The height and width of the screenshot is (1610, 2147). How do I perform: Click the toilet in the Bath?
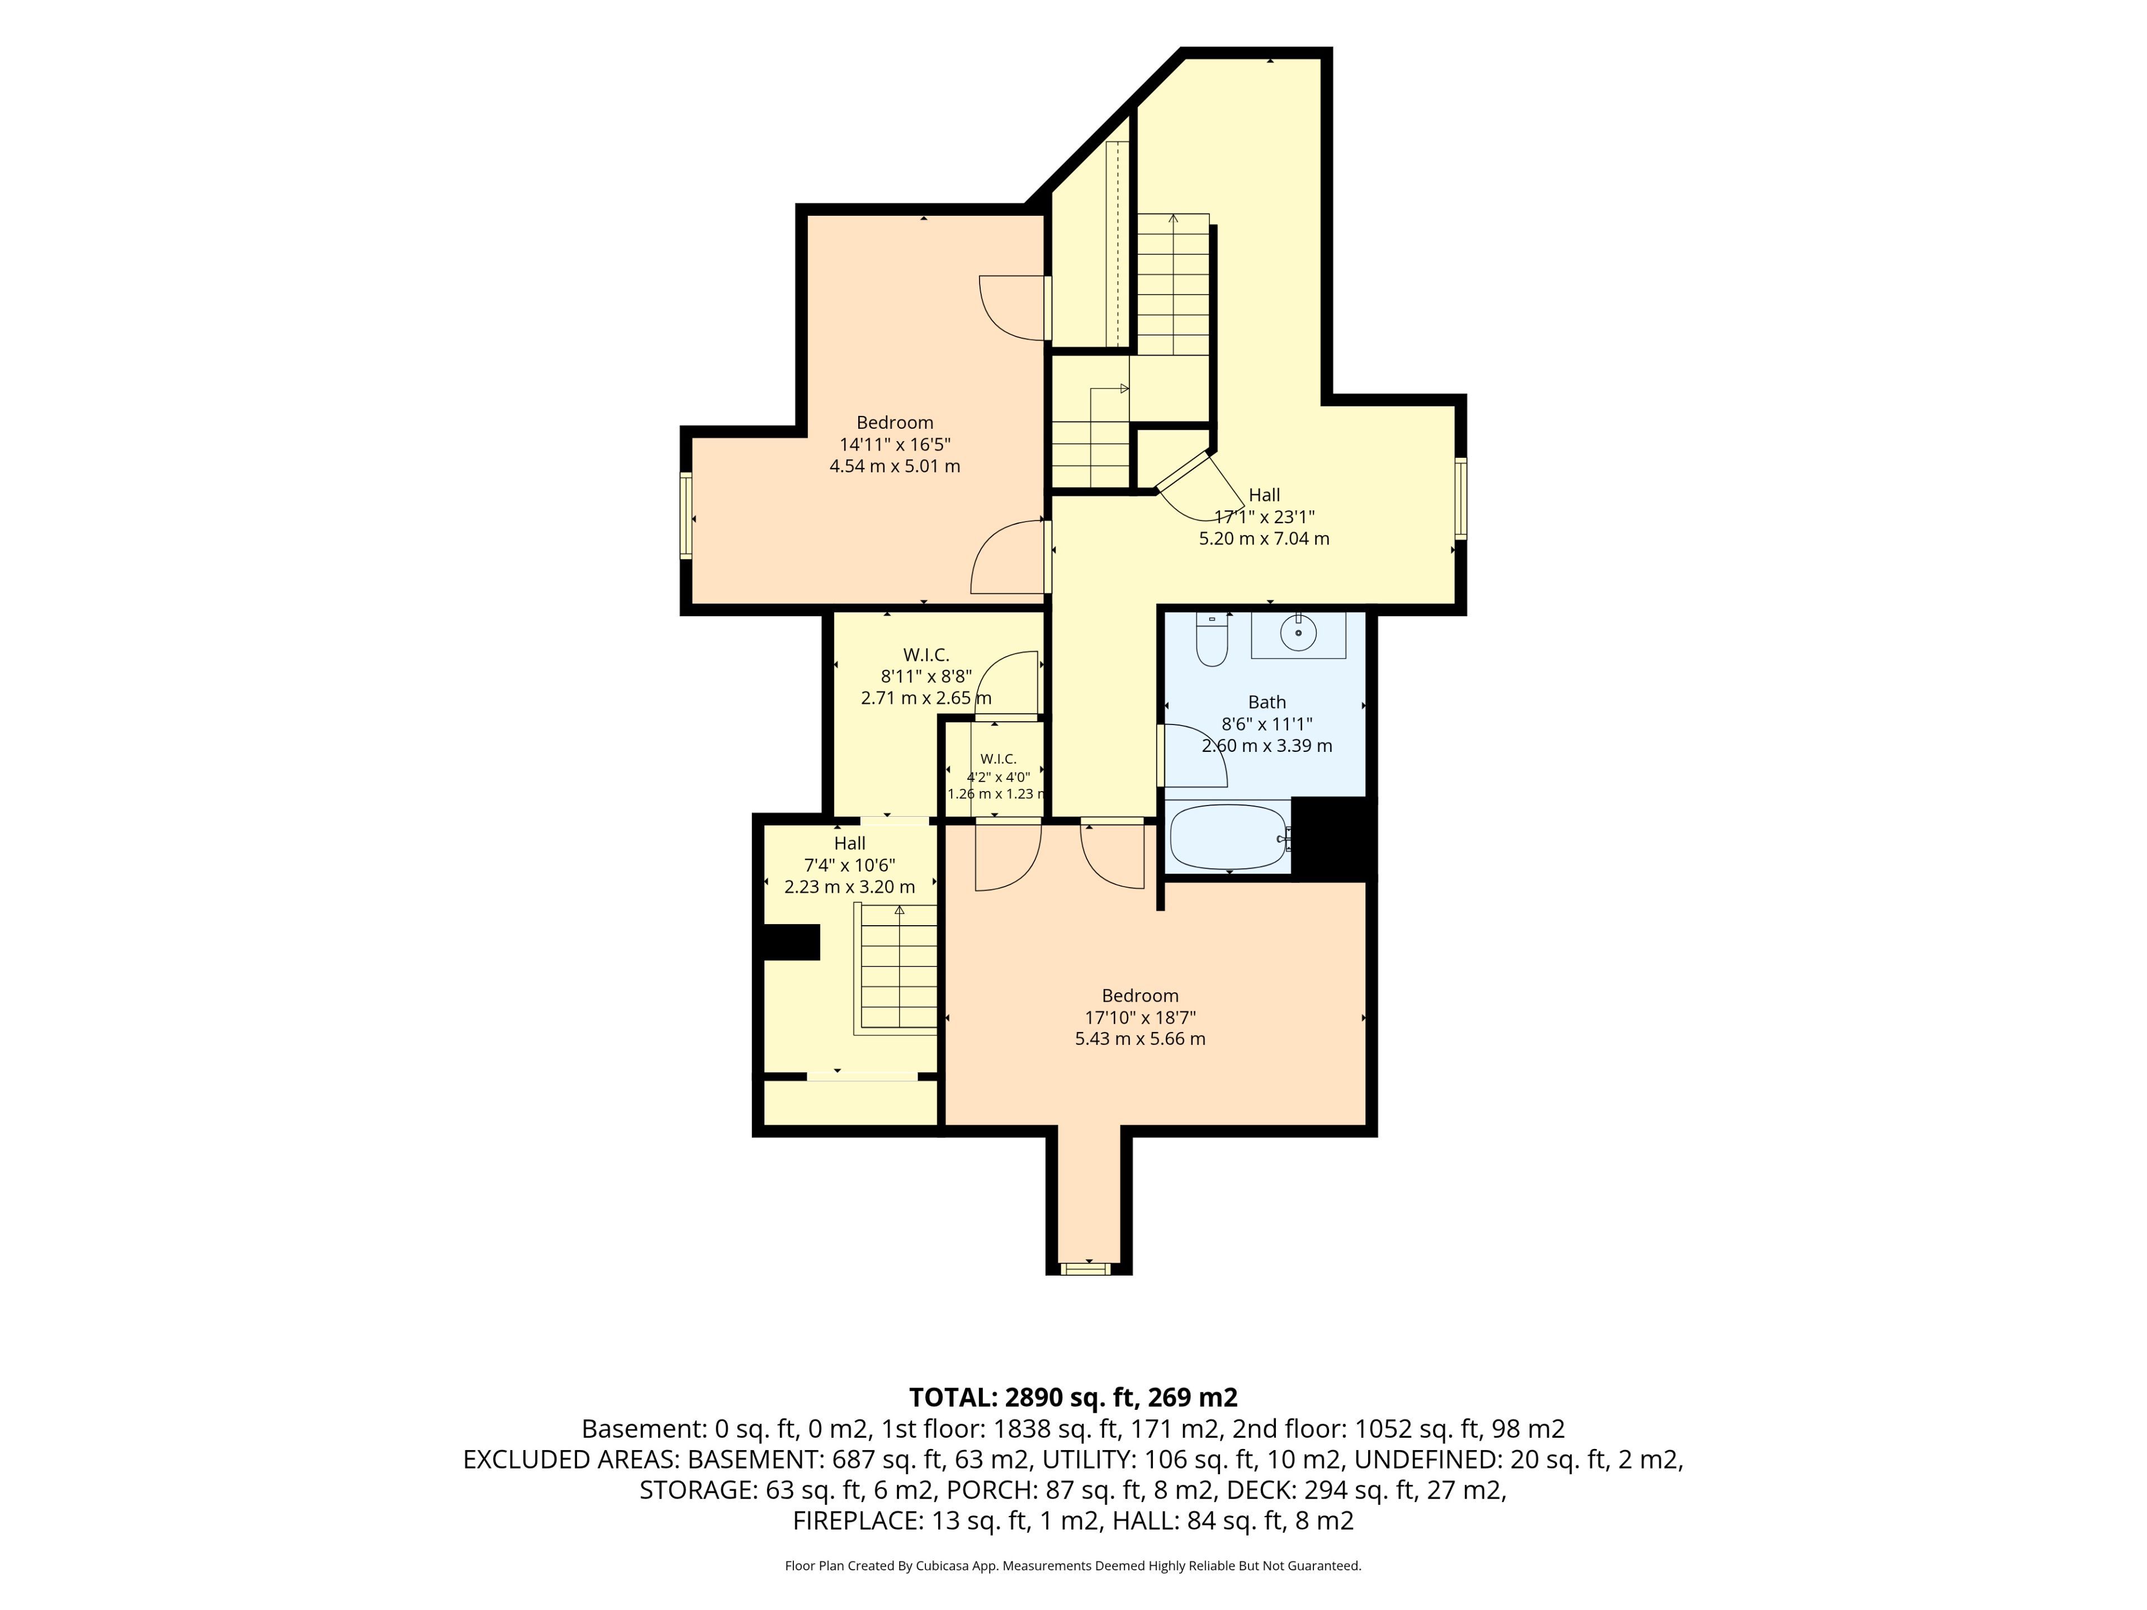1212,641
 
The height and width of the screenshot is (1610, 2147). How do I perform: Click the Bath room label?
1266,702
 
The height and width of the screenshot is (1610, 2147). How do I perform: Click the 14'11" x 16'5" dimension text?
895,444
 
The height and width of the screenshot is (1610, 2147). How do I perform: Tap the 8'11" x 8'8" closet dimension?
926,676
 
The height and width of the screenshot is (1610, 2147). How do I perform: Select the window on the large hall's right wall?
1461,498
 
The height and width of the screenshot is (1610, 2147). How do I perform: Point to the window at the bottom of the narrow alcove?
1085,1267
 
